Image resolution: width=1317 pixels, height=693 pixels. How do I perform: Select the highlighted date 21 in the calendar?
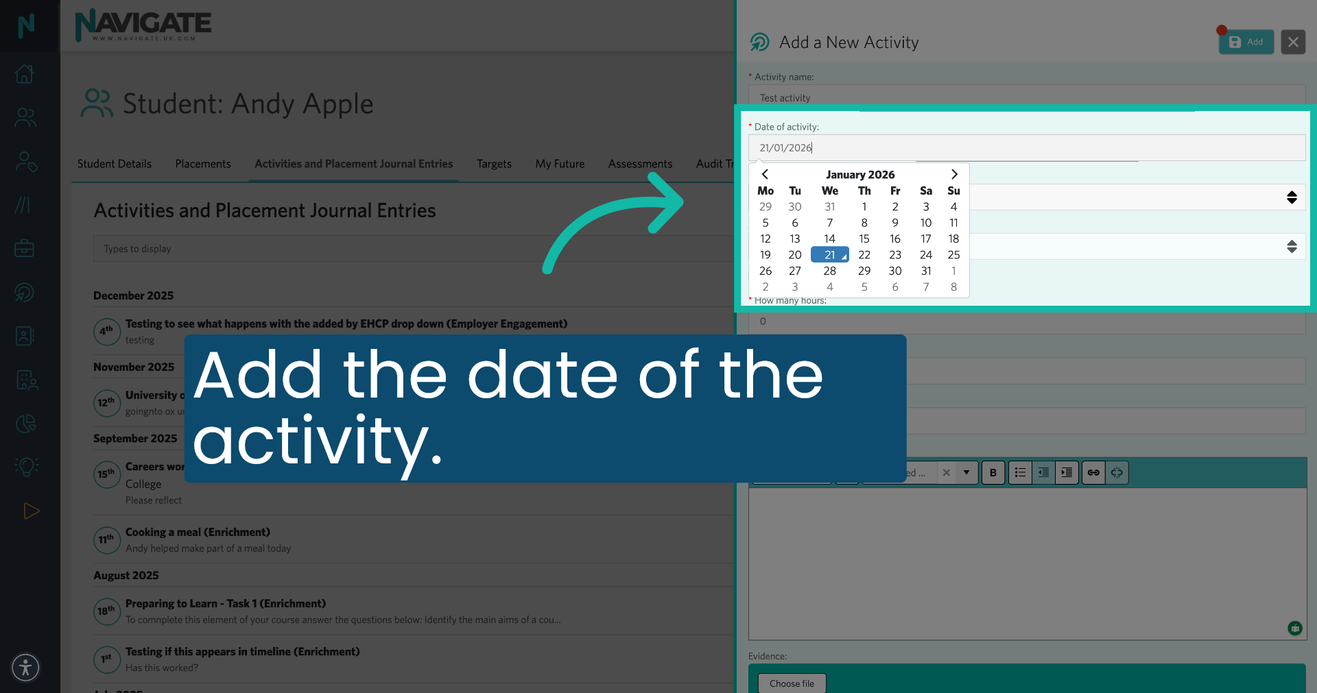coord(829,255)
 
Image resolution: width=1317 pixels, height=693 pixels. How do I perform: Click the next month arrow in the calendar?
coord(954,174)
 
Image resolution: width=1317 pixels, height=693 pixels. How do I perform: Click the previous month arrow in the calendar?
coord(765,174)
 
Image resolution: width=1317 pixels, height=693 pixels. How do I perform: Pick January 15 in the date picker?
coord(864,239)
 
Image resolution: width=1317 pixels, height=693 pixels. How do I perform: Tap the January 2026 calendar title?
coord(859,174)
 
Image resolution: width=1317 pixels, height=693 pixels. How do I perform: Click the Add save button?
coord(1246,42)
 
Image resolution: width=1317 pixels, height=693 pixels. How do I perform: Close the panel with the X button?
coord(1293,42)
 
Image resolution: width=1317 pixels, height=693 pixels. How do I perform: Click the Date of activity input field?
coord(1026,147)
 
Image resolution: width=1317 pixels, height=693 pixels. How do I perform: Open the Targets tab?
coord(494,164)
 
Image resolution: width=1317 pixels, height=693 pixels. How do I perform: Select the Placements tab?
coord(203,164)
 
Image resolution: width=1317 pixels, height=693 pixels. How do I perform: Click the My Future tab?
coord(560,164)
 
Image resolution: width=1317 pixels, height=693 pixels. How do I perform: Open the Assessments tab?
coord(640,164)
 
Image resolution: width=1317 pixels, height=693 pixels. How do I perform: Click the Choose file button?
coord(792,683)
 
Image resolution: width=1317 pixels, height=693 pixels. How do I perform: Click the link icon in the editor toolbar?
coord(1093,472)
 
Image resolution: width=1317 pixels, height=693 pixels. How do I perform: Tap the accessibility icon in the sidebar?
coord(26,667)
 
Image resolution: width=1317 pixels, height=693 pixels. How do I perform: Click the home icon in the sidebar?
coord(25,73)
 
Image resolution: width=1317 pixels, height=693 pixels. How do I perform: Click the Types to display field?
coord(412,249)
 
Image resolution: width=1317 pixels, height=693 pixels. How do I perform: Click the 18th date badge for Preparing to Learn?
coord(106,611)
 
